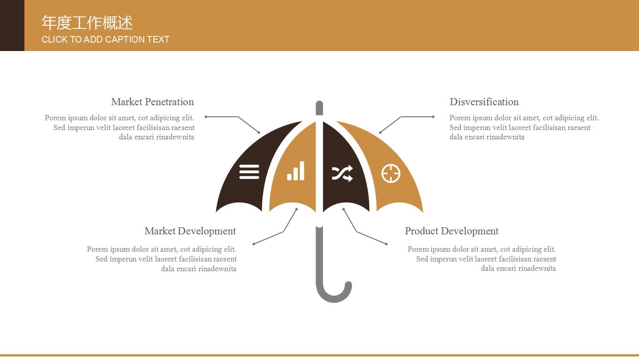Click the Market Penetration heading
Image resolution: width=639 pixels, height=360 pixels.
[x=152, y=102]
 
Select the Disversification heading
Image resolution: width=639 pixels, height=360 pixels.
[x=484, y=102]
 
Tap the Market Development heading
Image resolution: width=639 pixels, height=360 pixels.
[x=190, y=231]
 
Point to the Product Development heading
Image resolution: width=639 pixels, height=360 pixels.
[x=452, y=231]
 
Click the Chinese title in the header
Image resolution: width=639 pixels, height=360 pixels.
[x=87, y=23]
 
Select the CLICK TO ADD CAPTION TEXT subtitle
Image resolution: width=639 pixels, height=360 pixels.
[x=106, y=40]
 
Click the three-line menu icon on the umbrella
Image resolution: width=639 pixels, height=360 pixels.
[x=249, y=172]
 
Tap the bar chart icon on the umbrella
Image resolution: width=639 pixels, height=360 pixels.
[x=296, y=171]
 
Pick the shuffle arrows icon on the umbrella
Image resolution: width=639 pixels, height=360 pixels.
[x=342, y=173]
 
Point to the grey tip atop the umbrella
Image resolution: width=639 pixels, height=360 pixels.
[x=319, y=108]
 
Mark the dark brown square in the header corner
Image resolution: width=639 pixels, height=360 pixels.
[x=12, y=25]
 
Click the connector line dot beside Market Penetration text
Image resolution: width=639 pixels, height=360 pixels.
[x=206, y=117]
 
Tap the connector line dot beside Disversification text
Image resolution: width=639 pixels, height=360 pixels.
[x=433, y=117]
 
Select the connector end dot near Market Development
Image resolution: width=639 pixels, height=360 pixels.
[x=254, y=244]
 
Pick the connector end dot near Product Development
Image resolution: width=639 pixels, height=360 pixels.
[x=386, y=244]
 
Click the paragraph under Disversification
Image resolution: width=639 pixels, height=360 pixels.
[x=524, y=127]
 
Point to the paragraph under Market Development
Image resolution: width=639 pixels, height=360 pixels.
[x=162, y=259]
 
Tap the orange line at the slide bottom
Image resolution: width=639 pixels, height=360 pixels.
[x=319, y=355]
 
